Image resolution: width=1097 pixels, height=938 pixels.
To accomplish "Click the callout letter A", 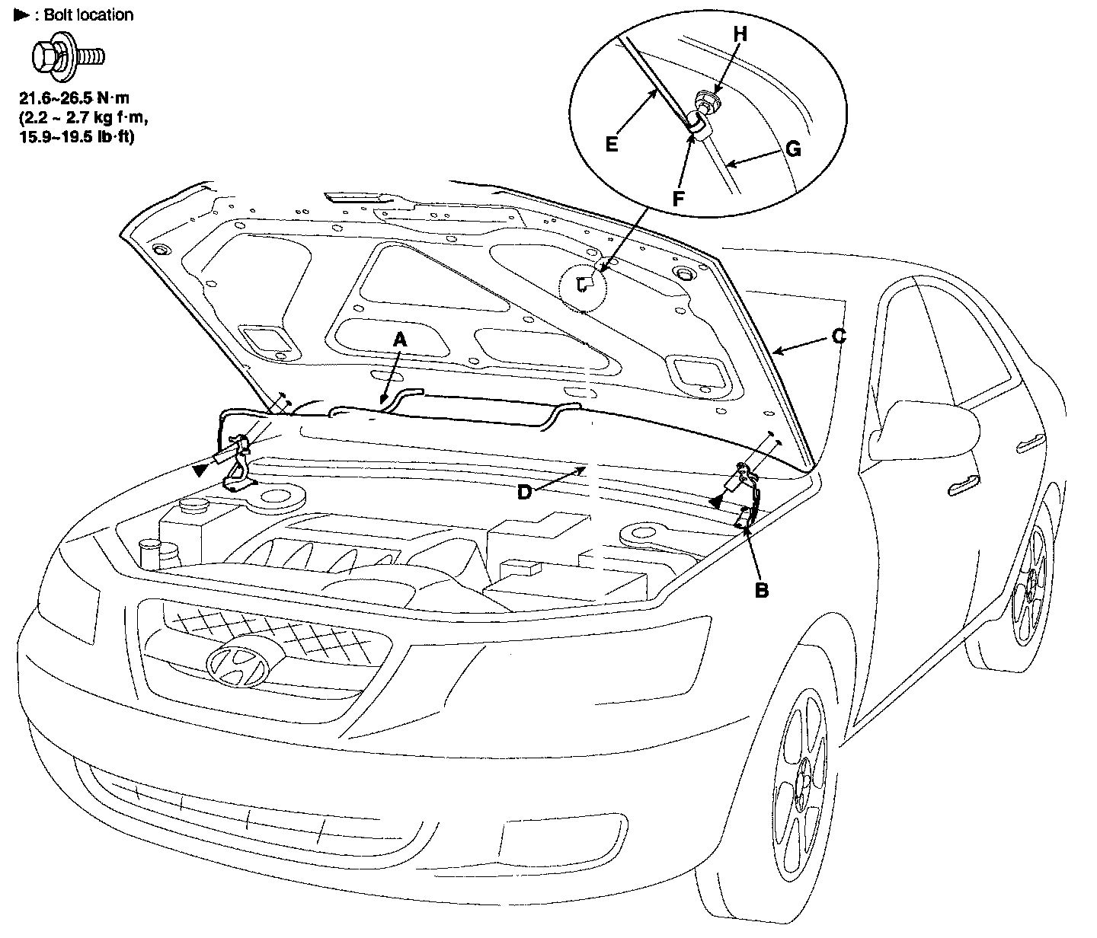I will point(400,342).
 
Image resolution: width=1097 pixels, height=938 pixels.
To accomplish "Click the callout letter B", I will point(761,589).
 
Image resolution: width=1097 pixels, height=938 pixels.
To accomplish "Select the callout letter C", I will point(838,336).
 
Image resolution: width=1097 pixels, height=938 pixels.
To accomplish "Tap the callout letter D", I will point(524,493).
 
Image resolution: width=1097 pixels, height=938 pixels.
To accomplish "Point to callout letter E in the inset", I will point(612,143).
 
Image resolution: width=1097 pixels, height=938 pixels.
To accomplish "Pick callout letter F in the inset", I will point(678,197).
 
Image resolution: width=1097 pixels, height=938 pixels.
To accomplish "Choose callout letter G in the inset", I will point(792,149).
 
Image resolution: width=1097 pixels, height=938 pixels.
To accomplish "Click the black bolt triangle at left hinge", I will point(199,471).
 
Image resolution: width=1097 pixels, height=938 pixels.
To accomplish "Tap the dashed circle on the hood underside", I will point(584,288).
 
